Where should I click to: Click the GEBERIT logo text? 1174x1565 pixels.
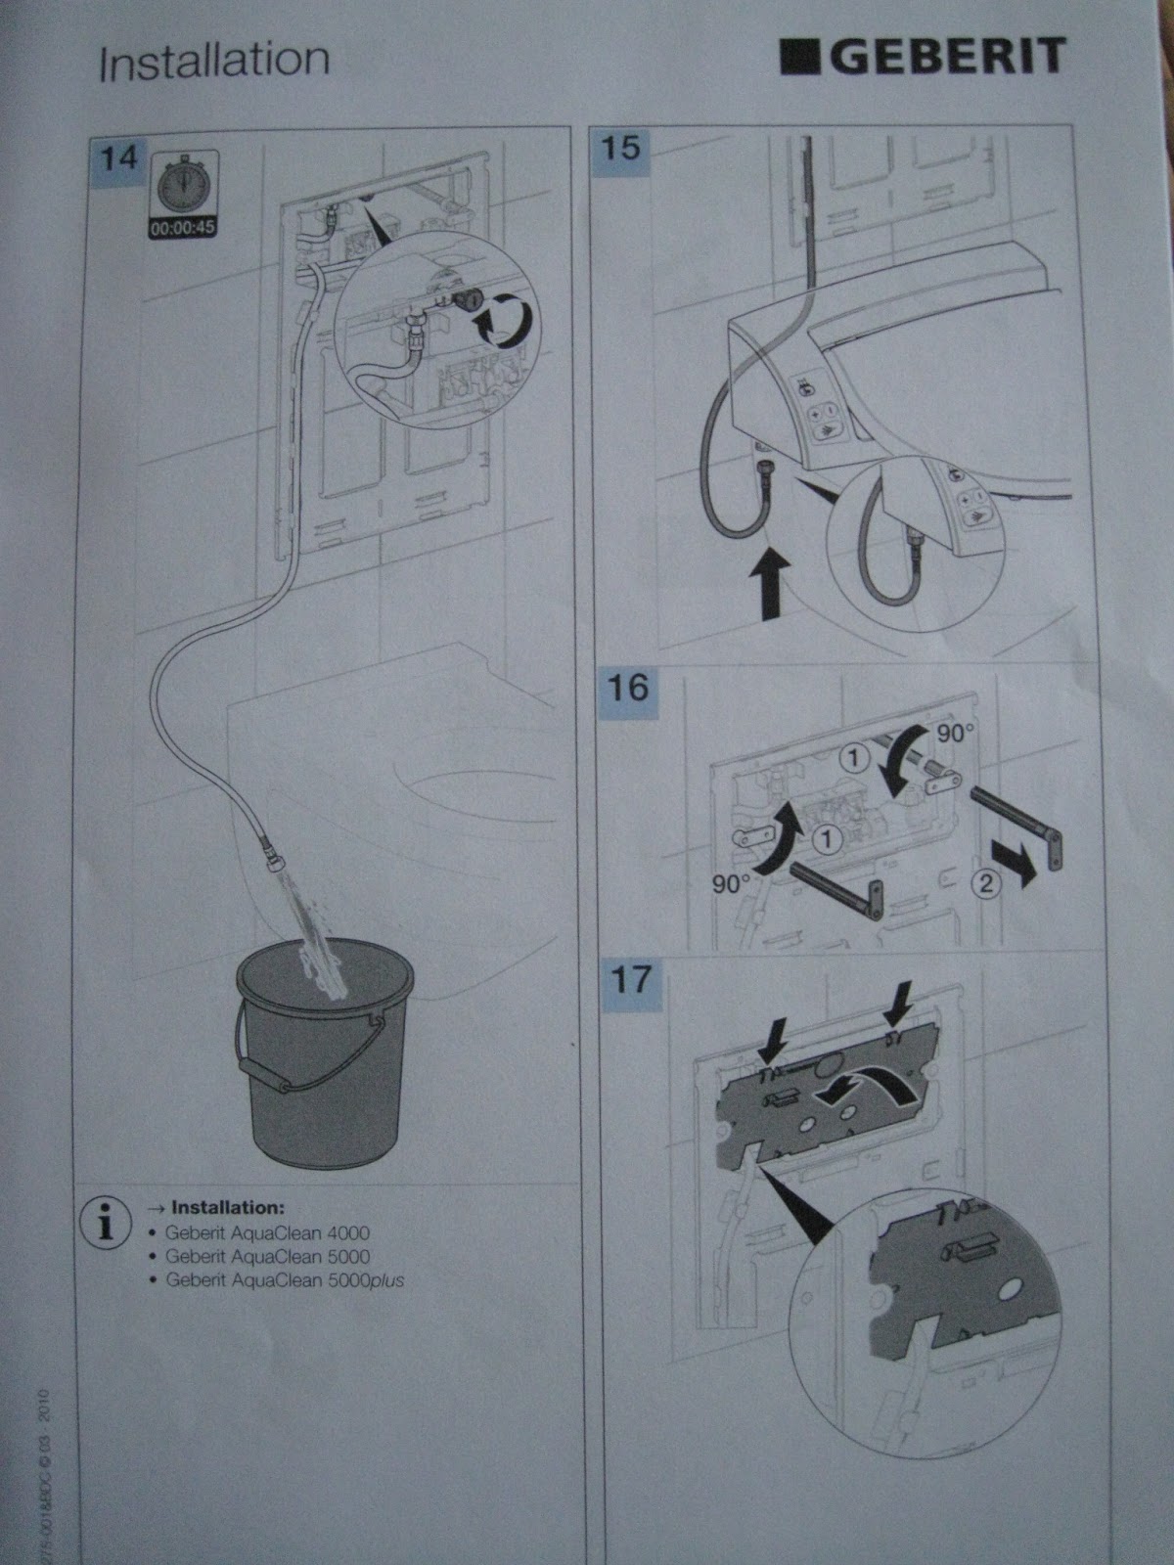click(x=925, y=57)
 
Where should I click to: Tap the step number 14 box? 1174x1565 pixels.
click(x=119, y=158)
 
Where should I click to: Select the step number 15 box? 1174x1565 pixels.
click(x=621, y=149)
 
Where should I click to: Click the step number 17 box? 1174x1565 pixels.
click(x=627, y=979)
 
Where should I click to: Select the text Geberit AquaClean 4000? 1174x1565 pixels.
click(x=266, y=1233)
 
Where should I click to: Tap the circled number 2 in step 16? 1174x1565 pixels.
click(x=986, y=885)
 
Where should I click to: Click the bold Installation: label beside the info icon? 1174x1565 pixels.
click(x=227, y=1209)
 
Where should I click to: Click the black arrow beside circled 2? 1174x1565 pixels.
click(x=1025, y=872)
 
